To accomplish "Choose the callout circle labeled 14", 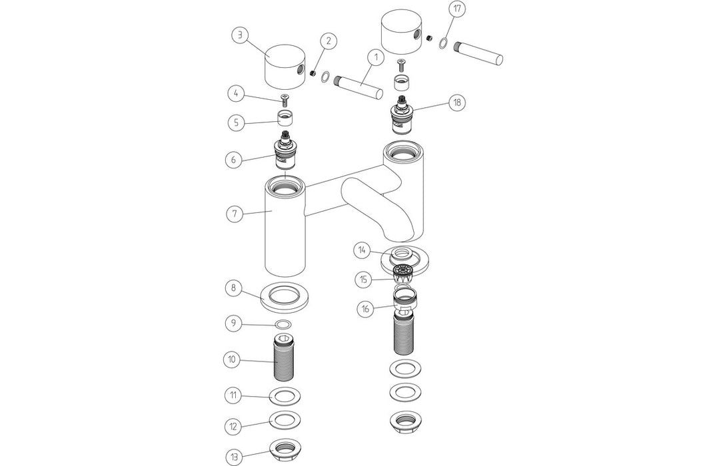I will click(363, 250).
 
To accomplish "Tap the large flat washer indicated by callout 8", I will click(287, 294).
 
